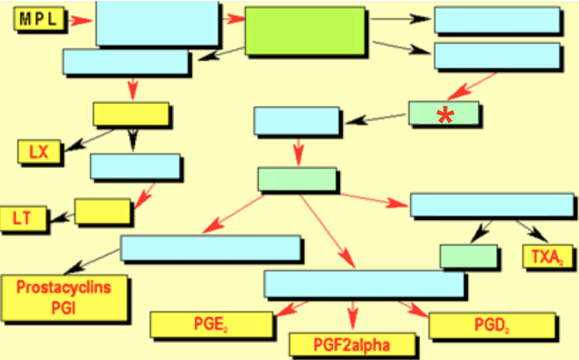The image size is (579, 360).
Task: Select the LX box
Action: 39,152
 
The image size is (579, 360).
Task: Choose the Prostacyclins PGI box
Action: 64,297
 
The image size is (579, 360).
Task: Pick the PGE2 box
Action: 211,324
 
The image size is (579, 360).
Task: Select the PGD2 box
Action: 492,325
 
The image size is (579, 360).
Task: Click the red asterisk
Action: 445,116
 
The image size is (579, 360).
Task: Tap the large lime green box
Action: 304,31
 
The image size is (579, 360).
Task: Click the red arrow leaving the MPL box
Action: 80,21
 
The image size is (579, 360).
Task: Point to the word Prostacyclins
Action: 64,287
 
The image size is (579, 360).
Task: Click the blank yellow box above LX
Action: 130,114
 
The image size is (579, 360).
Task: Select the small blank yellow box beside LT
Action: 102,211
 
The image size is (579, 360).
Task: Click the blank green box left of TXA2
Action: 468,256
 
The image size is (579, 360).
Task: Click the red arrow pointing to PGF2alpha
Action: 353,316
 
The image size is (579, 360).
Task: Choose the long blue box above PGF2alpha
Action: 364,284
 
